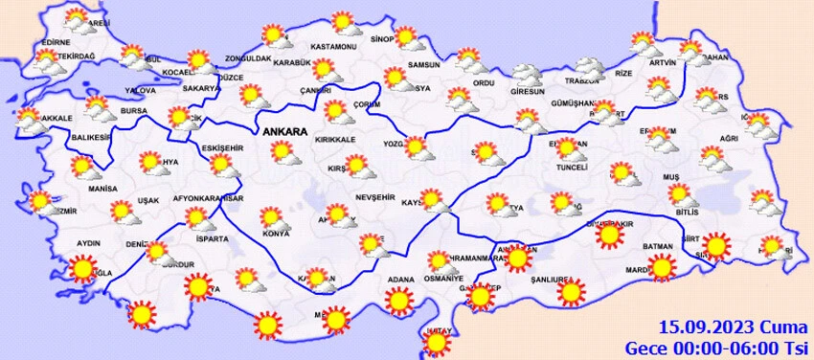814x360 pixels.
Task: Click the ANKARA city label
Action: pyautogui.click(x=284, y=130)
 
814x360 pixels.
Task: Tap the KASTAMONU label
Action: pyautogui.click(x=334, y=47)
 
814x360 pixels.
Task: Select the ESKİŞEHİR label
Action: pyautogui.click(x=226, y=148)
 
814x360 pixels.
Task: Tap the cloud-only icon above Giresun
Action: pyautogui.click(x=527, y=73)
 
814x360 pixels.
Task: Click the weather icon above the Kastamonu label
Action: pyautogui.click(x=341, y=24)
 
